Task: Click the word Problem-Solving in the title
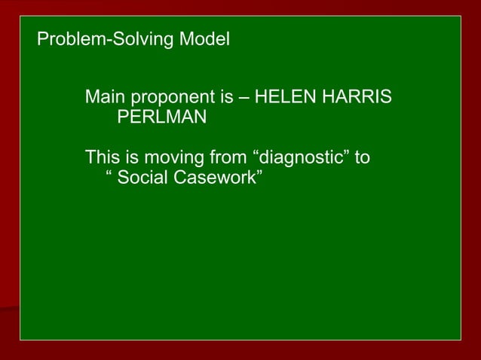pos(106,39)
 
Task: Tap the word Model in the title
pos(204,38)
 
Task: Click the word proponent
pos(170,99)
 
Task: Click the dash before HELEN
pos(245,99)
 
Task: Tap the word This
pos(103,158)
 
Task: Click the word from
pos(227,158)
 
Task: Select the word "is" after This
pos(130,158)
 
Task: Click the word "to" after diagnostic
pos(363,159)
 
